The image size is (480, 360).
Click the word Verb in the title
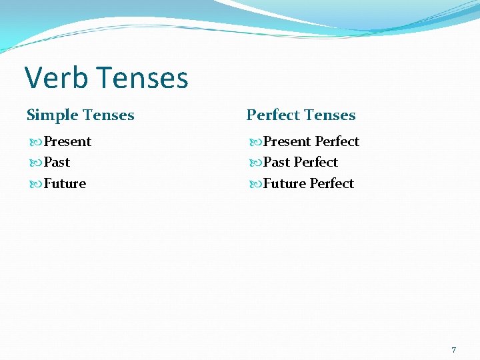[x=56, y=78]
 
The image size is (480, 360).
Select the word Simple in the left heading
[x=53, y=115]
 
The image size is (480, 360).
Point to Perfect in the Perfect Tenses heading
[x=273, y=115]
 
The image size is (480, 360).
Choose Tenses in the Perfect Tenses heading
[x=330, y=115]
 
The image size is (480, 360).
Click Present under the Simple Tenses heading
[x=67, y=141]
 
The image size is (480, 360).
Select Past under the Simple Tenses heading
[x=57, y=162]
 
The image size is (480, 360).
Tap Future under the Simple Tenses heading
[x=65, y=183]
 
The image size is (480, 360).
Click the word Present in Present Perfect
[x=287, y=141]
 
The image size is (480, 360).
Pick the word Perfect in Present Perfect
[x=337, y=141]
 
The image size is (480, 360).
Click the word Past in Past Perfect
[x=277, y=162]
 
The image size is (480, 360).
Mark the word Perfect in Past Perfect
[x=316, y=162]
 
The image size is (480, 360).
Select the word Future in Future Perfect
[x=285, y=183]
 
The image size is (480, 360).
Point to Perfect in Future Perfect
[x=332, y=183]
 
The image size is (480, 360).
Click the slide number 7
[x=454, y=350]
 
